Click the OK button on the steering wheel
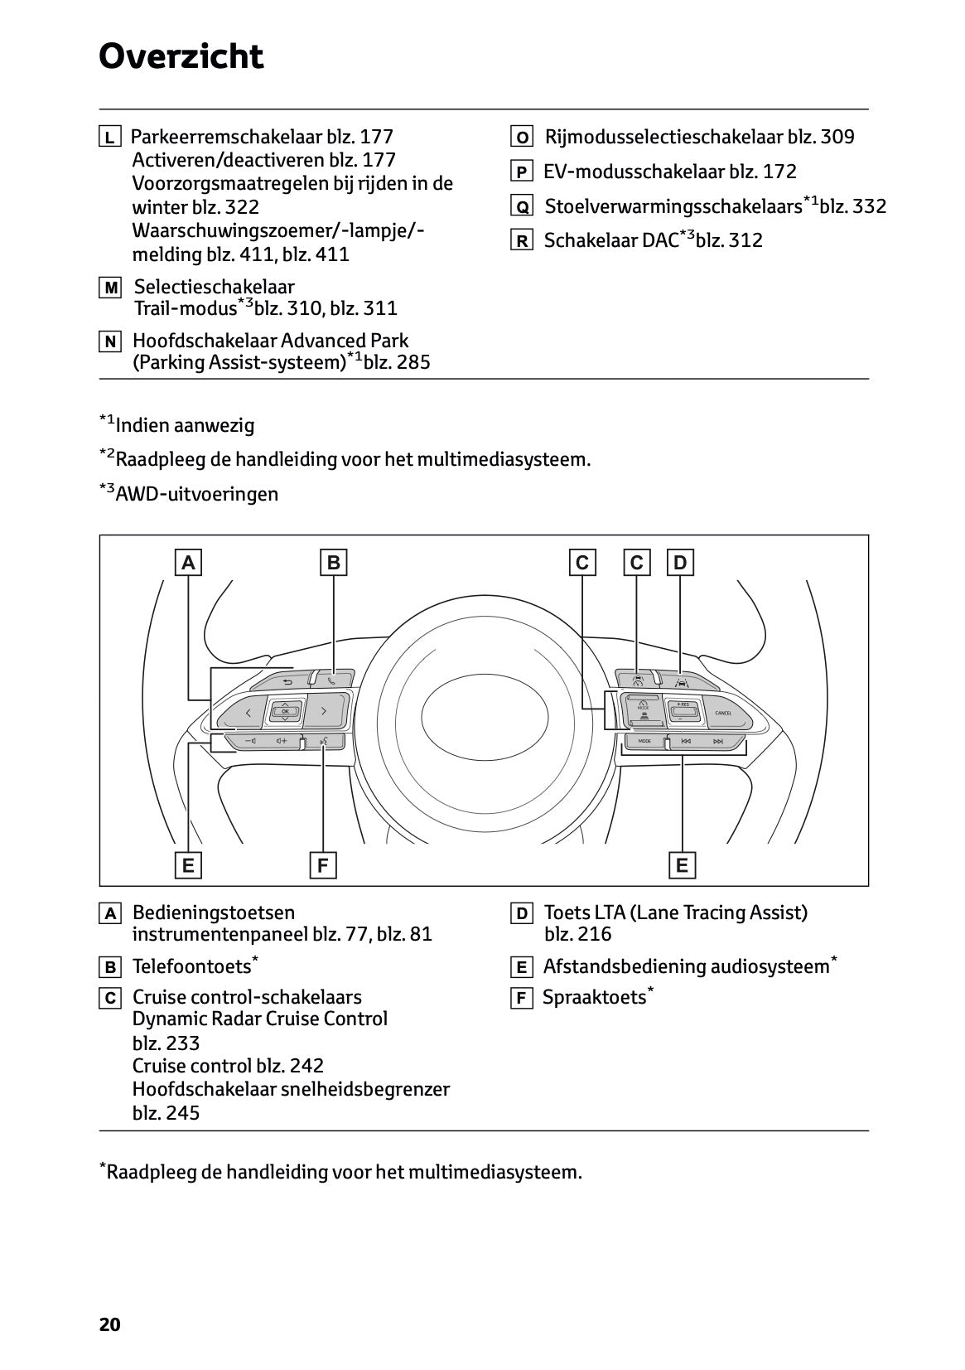[x=285, y=711]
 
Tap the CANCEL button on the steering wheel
[x=722, y=713]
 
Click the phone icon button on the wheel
[x=331, y=680]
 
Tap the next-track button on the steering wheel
[x=717, y=741]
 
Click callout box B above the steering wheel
[x=333, y=563]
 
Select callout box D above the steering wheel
[x=680, y=563]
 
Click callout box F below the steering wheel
[x=322, y=865]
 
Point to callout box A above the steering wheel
[x=189, y=563]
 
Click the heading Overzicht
[x=181, y=57]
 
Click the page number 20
[x=109, y=1324]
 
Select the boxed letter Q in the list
[x=521, y=206]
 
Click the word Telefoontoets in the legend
[x=191, y=966]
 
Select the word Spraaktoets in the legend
[x=594, y=997]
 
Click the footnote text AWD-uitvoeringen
[x=197, y=494]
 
